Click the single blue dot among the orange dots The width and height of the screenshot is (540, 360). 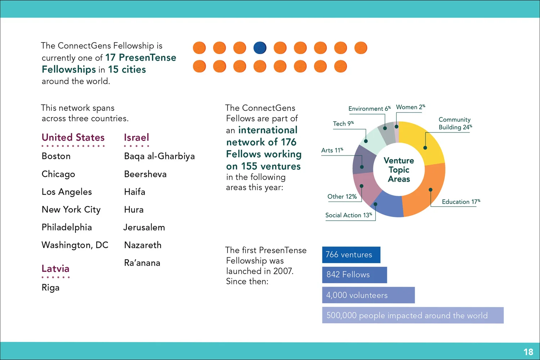point(260,48)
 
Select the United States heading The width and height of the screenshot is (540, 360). point(73,138)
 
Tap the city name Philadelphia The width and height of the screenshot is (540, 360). point(67,227)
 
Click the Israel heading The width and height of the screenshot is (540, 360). point(136,138)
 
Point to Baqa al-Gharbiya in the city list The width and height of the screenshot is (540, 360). point(159,156)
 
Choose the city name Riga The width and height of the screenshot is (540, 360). point(50,288)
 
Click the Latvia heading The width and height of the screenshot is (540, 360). point(55,269)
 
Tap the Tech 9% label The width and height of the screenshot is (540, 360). point(343,123)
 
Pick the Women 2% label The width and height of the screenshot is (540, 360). point(410,107)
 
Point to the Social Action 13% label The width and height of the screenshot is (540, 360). point(348,215)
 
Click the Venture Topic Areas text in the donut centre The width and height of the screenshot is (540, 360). point(399,170)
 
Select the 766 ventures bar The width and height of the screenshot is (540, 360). point(351,255)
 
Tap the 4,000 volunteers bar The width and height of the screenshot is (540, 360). point(368,295)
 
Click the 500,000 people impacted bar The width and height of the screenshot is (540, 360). point(413,315)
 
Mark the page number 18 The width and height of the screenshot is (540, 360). point(528,352)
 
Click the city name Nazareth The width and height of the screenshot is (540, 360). point(143,245)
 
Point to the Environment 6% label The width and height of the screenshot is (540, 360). point(369,108)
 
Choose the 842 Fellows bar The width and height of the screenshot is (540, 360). point(354,275)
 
